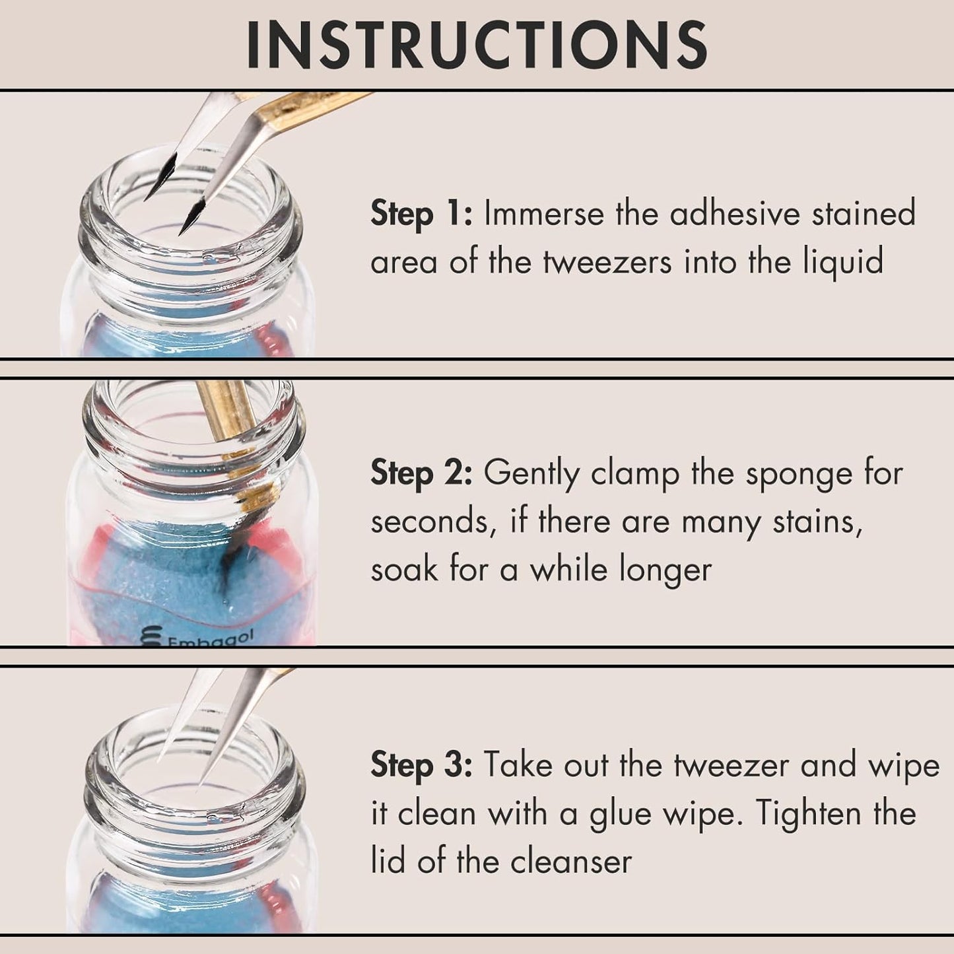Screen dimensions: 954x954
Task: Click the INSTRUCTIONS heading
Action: [477, 45]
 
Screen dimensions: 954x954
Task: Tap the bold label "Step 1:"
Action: [421, 214]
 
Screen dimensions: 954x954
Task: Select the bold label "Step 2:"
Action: [421, 473]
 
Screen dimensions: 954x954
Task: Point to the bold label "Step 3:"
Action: [421, 765]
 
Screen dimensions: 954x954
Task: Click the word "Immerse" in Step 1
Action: [543, 214]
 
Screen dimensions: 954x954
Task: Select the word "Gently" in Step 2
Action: [531, 474]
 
